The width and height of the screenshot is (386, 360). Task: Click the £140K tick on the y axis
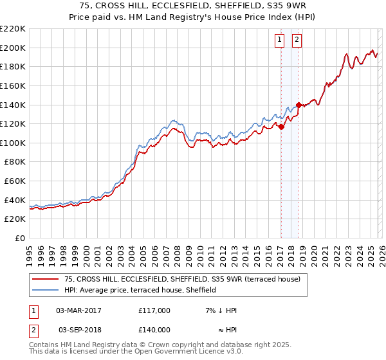13,104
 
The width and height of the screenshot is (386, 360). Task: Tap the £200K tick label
13,48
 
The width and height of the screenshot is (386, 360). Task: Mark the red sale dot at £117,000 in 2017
281,127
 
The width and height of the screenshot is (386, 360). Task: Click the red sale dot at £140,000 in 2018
299,105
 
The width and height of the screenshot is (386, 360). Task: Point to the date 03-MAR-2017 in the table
78,310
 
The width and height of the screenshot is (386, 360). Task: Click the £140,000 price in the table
154,330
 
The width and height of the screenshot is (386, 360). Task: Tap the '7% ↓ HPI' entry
220,310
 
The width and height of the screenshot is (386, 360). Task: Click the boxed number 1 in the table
33,310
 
